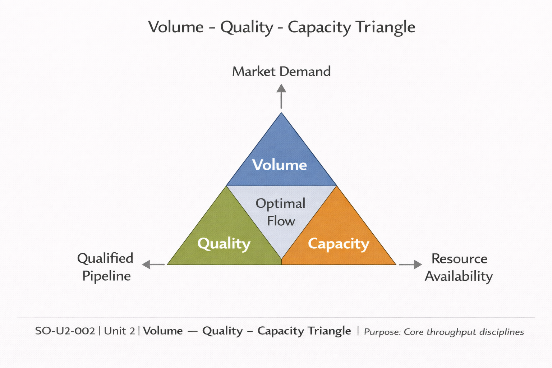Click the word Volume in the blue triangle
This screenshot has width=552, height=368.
pos(280,165)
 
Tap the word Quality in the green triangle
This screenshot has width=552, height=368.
pos(224,244)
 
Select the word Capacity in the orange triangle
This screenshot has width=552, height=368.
pos(339,244)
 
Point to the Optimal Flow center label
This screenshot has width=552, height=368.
pos(281,212)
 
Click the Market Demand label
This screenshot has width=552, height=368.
pos(281,72)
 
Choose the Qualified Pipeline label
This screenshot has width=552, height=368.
pos(106,267)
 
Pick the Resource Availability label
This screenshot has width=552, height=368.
pos(459,267)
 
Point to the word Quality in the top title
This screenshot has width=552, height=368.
pos(247,27)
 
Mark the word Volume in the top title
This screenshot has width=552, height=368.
pos(176,27)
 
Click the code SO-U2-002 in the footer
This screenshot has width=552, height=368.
pos(65,331)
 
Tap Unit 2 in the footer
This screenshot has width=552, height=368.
pos(119,331)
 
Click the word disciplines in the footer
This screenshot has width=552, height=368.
pos(503,332)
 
